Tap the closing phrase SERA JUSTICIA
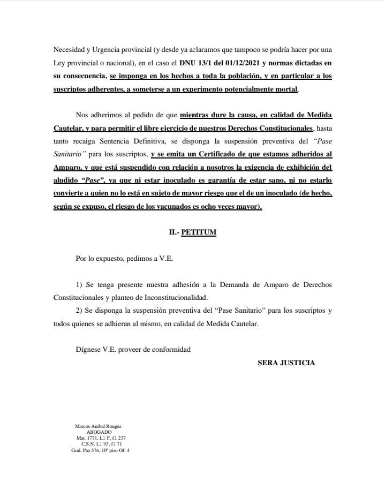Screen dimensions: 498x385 click(286, 363)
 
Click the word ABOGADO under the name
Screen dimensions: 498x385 click(100, 432)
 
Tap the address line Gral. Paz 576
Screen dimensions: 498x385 click(100, 450)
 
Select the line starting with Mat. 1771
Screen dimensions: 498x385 click(101, 438)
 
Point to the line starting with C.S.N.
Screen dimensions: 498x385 click(101, 444)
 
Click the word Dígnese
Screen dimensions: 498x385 click(88, 350)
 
